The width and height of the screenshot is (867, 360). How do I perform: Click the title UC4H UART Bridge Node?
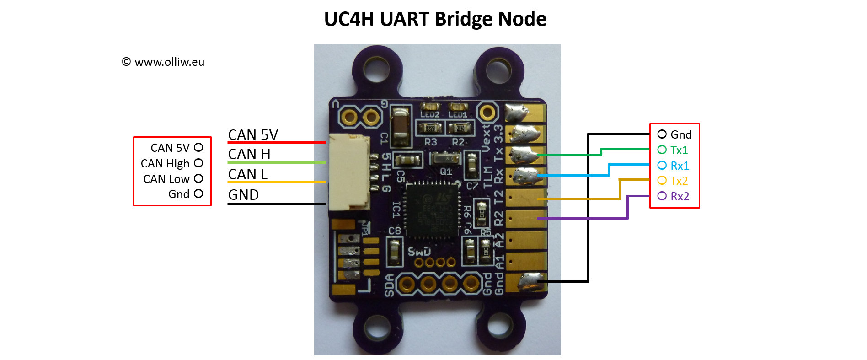click(435, 19)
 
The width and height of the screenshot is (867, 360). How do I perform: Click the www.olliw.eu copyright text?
click(163, 62)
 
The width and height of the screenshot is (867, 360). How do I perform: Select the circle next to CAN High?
click(198, 163)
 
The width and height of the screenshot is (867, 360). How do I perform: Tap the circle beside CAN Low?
click(198, 178)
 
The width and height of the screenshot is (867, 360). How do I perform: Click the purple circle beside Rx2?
click(662, 196)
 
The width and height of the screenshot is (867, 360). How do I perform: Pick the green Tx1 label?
click(679, 150)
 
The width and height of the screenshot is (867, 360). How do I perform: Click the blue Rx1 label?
click(680, 166)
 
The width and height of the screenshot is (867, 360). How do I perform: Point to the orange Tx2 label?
click(679, 181)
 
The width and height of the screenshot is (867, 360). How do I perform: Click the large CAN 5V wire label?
click(253, 135)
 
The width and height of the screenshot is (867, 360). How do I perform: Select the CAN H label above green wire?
click(249, 154)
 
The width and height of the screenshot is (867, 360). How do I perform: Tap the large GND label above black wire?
click(243, 195)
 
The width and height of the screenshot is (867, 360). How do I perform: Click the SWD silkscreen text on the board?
click(419, 252)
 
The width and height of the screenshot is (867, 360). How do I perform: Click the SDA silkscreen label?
click(389, 285)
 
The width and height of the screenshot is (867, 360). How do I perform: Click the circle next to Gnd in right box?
click(662, 134)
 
